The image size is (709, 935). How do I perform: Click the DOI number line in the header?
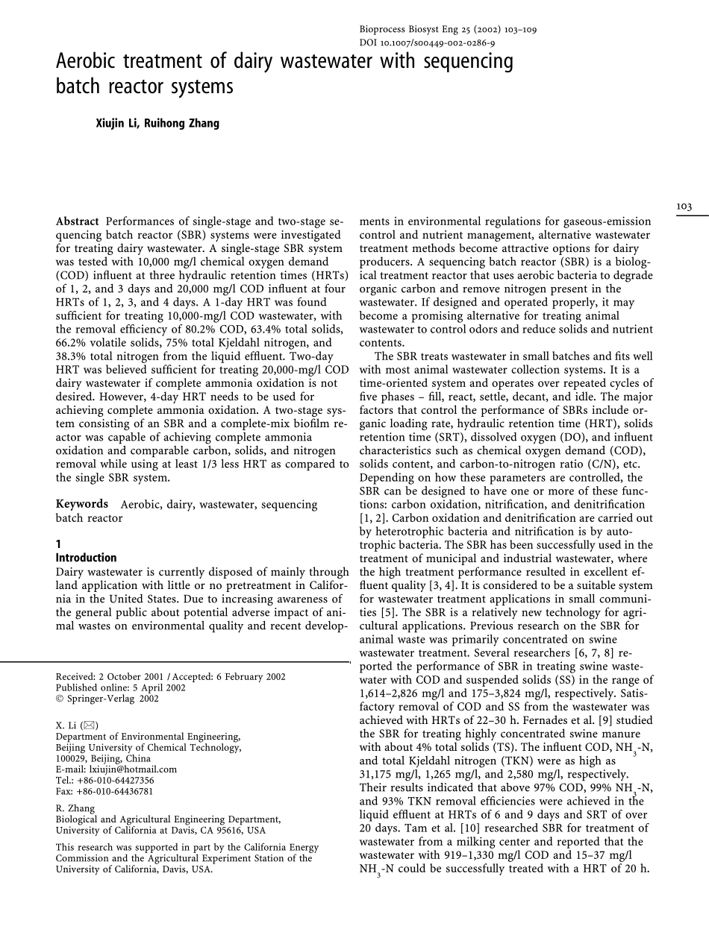[427, 43]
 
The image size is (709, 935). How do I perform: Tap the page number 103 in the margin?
[684, 207]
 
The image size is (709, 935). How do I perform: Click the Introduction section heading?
[86, 558]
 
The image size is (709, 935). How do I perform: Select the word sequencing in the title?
[466, 61]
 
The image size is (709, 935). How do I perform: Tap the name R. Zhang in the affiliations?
[75, 807]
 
